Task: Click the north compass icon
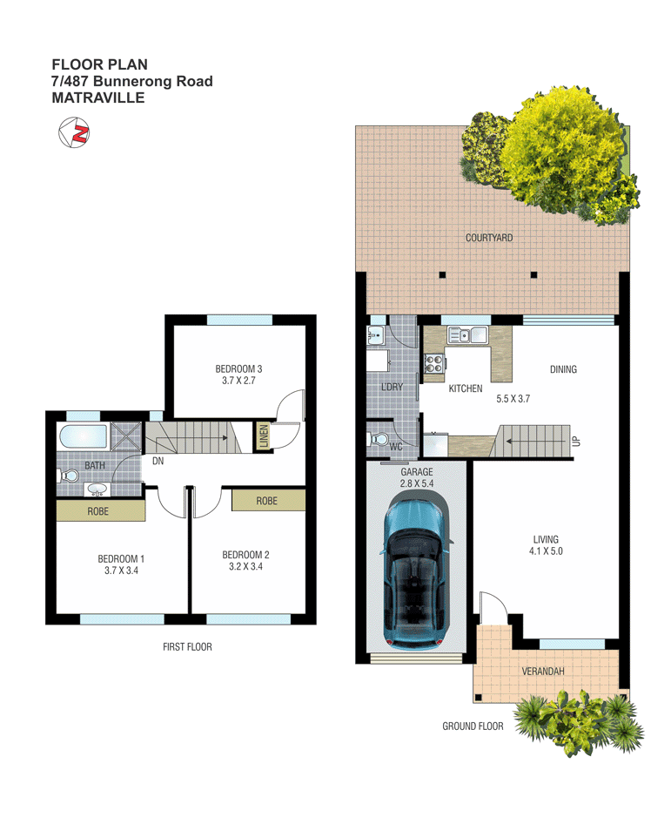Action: click(x=75, y=134)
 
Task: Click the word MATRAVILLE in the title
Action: click(x=97, y=98)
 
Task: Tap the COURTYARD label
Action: click(x=488, y=238)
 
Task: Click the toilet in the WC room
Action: click(x=379, y=439)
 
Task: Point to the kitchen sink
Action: click(x=467, y=334)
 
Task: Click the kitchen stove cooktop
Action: click(x=433, y=364)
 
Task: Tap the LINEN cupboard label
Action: click(x=264, y=437)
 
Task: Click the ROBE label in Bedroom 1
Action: click(x=98, y=511)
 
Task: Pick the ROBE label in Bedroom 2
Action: click(x=266, y=501)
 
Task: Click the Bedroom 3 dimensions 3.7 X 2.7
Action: click(x=238, y=381)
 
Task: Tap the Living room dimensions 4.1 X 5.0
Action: click(x=547, y=550)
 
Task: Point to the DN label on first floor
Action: click(x=158, y=461)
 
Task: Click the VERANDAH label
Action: click(x=543, y=672)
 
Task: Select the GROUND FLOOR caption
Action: click(x=473, y=726)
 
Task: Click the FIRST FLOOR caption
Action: click(x=187, y=646)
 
